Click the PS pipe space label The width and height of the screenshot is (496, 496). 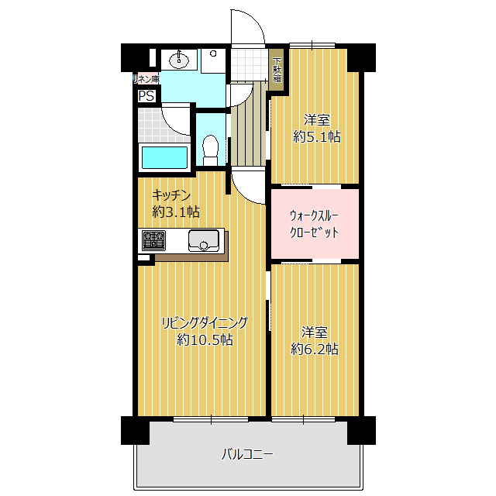[x=146, y=96]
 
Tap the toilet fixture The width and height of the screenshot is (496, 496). [x=209, y=147]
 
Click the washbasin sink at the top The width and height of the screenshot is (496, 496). [x=181, y=58]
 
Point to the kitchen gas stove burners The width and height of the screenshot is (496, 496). [x=153, y=240]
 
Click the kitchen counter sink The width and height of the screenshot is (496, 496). [x=204, y=240]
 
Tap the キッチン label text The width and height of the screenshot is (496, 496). [x=171, y=195]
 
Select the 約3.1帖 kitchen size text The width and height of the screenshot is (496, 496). [x=176, y=211]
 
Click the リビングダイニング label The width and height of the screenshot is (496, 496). [x=205, y=322]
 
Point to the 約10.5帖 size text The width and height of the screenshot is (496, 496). [x=205, y=339]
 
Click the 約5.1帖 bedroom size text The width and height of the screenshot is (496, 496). [x=316, y=136]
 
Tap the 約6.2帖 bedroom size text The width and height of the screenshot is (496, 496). [x=315, y=349]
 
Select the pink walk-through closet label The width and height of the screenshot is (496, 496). [x=314, y=224]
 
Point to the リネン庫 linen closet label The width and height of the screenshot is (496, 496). [x=146, y=79]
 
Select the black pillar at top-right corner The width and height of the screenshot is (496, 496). [x=360, y=57]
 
